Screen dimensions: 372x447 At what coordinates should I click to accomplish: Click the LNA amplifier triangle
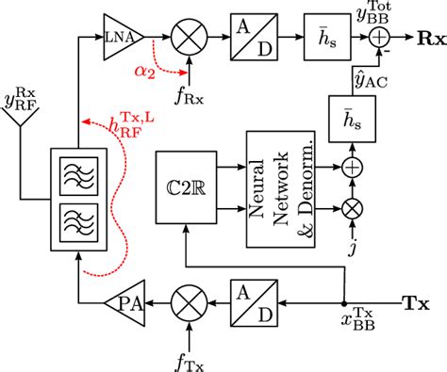click(x=121, y=38)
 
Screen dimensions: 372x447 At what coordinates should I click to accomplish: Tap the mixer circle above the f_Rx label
click(x=189, y=38)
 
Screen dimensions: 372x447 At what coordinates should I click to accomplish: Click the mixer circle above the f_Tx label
click(x=188, y=304)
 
